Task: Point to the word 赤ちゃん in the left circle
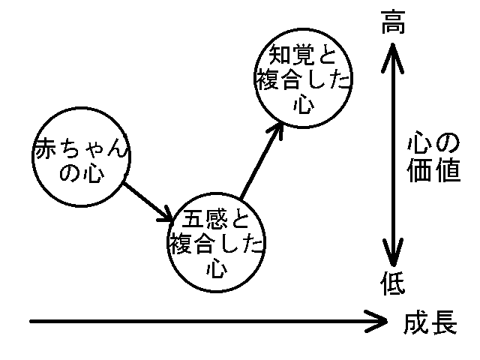[81, 150]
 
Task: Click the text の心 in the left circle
[80, 174]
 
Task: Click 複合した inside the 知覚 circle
[304, 79]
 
